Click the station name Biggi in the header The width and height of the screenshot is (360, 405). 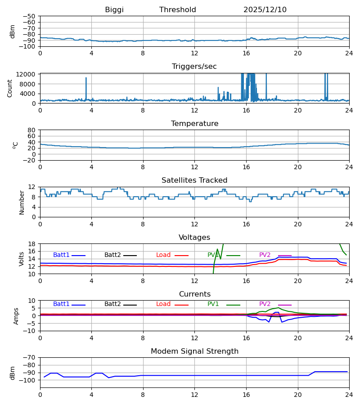click(x=114, y=10)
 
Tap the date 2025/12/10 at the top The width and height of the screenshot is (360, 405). click(x=265, y=10)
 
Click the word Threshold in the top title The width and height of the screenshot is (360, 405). click(x=178, y=10)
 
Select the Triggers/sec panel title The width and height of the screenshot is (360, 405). click(x=194, y=67)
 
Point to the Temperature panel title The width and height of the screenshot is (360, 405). click(x=194, y=124)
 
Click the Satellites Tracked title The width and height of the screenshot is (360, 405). click(x=194, y=180)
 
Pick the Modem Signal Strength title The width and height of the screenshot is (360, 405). click(x=194, y=351)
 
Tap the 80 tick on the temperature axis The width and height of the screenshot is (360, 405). click(x=32, y=130)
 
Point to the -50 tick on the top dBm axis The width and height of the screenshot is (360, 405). click(x=30, y=16)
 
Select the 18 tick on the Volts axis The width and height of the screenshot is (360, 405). click(x=32, y=244)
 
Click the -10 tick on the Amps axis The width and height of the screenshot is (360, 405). click(x=30, y=331)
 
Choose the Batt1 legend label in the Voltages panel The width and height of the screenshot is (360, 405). click(x=61, y=255)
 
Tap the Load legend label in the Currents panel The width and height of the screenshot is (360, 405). click(x=163, y=304)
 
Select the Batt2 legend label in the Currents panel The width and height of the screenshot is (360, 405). click(x=112, y=304)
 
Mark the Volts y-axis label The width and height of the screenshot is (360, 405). click(x=22, y=259)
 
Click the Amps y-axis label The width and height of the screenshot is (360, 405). click(x=17, y=316)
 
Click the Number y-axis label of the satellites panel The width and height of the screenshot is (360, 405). click(x=22, y=202)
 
